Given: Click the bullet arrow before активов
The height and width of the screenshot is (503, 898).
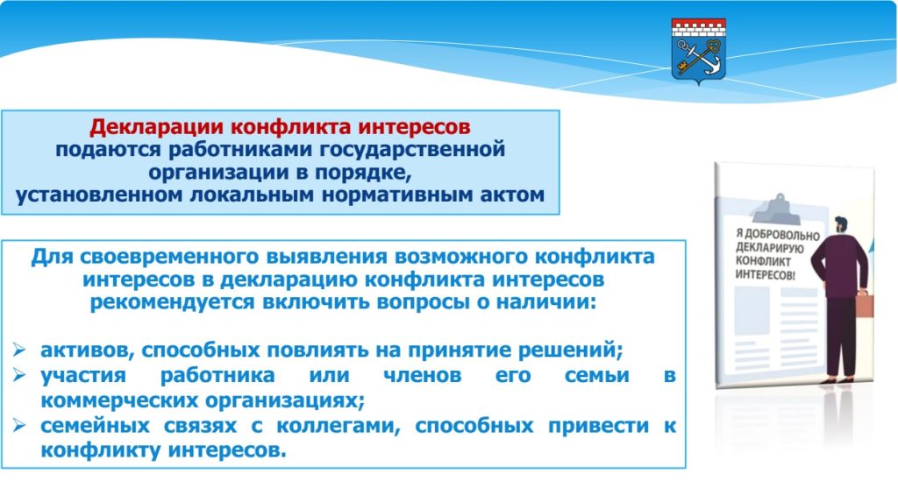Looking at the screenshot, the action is pos(19,350).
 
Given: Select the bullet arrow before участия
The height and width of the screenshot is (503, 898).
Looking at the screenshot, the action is pos(19,375).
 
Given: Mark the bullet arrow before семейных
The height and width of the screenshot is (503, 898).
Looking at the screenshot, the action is pos(19,425).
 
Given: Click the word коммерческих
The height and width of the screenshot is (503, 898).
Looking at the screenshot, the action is pos(119,400).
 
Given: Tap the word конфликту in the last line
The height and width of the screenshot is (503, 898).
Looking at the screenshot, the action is pos(101,451).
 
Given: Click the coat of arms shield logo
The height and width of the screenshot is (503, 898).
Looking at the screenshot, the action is pos(698,51).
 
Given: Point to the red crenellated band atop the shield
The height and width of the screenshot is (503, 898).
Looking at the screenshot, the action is pos(698,28).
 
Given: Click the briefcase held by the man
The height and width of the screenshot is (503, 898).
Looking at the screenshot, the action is pos(865,304).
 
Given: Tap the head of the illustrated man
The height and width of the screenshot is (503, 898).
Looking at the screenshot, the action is pos(840,225).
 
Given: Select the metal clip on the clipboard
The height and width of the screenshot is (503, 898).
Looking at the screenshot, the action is pos(776,209).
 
